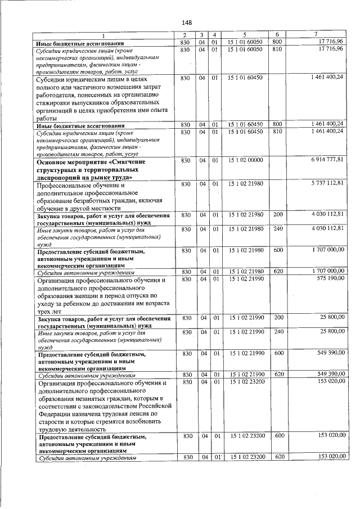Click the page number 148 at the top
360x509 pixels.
[x=187, y=22]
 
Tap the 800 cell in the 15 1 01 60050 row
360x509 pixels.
[x=277, y=42]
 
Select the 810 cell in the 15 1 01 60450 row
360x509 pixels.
[x=277, y=131]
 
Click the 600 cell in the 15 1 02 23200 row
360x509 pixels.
[x=277, y=435]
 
